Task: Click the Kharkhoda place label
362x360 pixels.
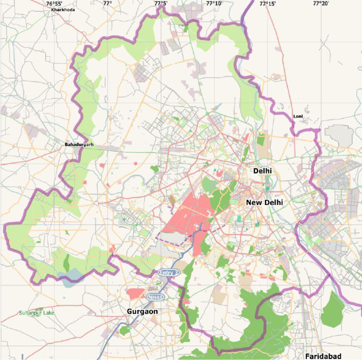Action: (x=63, y=9)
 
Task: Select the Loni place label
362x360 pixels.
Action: (x=298, y=116)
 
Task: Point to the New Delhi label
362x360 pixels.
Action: (x=264, y=202)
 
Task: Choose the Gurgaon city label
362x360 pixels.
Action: (x=142, y=311)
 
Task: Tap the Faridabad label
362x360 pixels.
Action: (x=323, y=356)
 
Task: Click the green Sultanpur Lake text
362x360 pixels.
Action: (x=37, y=313)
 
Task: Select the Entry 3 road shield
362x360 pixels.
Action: (x=169, y=273)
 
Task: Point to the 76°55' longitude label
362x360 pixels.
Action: (x=54, y=3)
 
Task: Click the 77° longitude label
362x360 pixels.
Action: (x=107, y=3)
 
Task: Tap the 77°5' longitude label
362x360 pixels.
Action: (x=161, y=3)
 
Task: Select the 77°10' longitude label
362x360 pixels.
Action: (x=214, y=3)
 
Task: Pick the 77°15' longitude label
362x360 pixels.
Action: (x=267, y=3)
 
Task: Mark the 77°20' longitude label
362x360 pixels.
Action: (x=321, y=3)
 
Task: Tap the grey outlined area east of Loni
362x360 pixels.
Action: (x=338, y=135)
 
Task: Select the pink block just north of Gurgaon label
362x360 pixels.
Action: (x=136, y=293)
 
